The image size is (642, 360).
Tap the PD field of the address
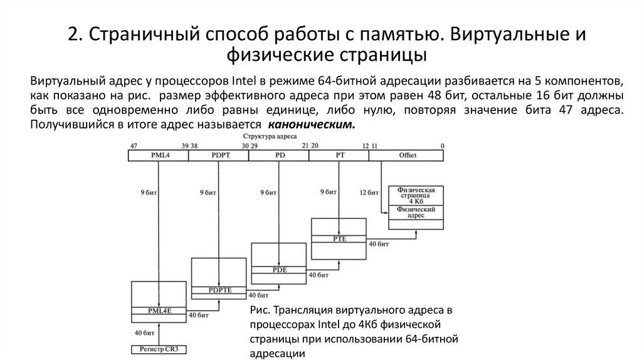278,155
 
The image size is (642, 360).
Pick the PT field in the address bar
339,155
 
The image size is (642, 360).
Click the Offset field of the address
408,155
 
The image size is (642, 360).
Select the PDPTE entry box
219,289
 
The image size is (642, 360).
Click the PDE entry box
279,269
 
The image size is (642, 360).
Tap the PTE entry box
339,238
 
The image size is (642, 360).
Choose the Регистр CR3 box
159,349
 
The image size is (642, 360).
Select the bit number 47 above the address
134,146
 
